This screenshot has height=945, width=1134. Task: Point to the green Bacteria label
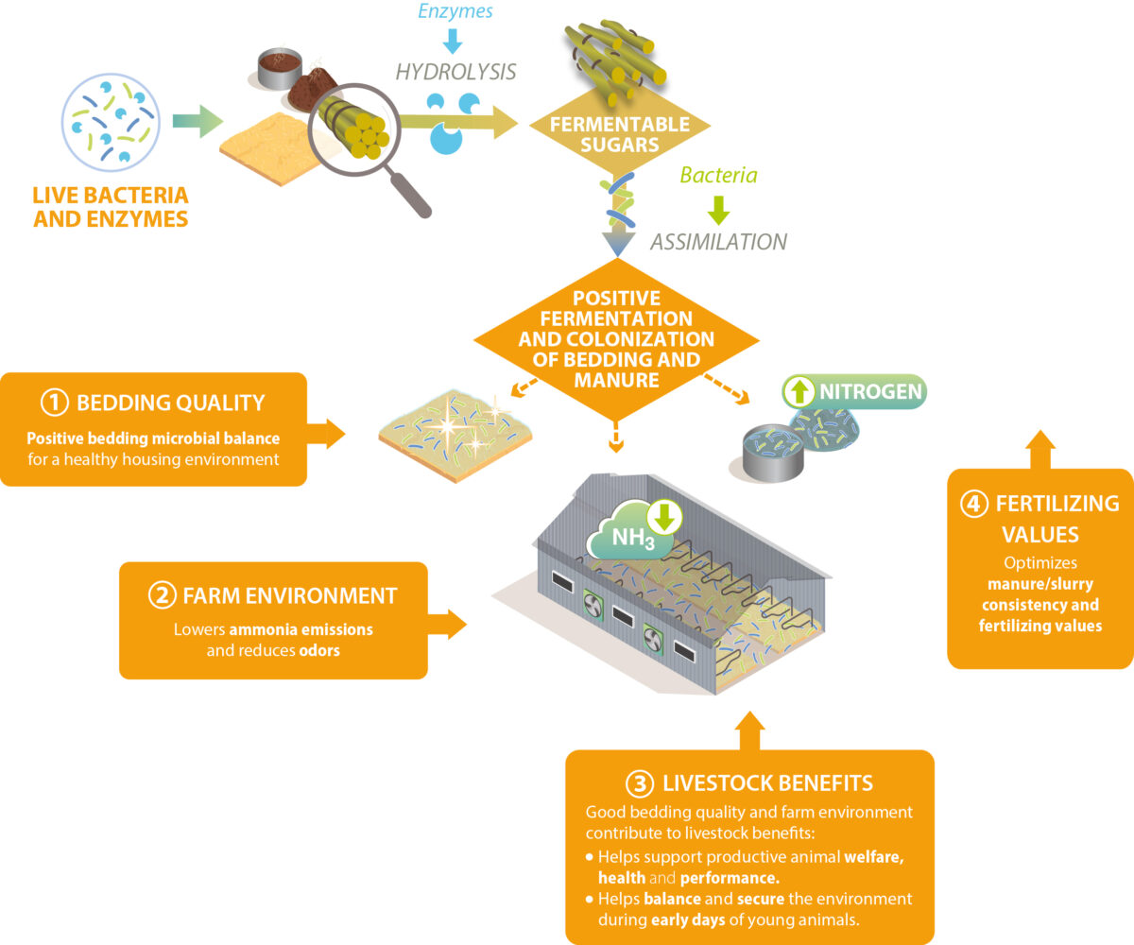pos(718,175)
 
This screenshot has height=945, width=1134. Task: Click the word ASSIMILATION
pos(718,241)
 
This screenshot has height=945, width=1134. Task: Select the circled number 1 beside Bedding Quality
pos(53,403)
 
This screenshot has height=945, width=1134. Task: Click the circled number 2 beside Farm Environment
pos(161,595)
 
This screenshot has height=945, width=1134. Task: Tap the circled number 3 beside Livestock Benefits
pos(639,782)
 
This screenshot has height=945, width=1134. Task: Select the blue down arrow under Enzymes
pos(451,41)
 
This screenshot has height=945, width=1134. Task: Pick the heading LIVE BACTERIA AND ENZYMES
pos(111,207)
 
